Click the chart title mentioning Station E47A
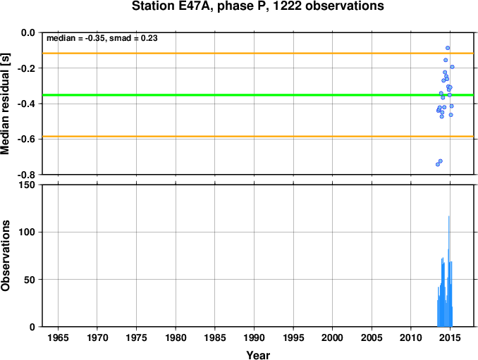click(257, 6)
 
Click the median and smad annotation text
click(102, 38)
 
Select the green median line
click(258, 95)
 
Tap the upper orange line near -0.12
click(258, 54)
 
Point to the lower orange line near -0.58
click(258, 137)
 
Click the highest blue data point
click(448, 48)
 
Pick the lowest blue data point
click(438, 164)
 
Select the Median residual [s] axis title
click(5, 104)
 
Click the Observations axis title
click(5, 256)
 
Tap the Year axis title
click(258, 355)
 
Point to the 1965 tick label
click(58, 337)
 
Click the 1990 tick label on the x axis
click(254, 337)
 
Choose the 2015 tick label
click(450, 337)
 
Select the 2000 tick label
click(332, 337)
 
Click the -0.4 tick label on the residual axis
click(26, 104)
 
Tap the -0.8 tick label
click(26, 175)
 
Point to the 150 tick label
click(27, 185)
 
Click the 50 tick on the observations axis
click(30, 280)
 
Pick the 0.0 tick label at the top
click(28, 32)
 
